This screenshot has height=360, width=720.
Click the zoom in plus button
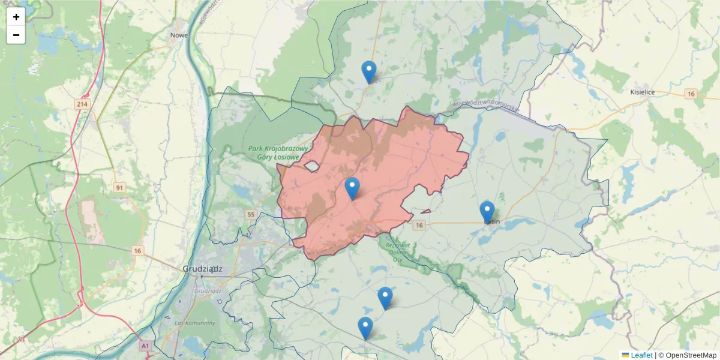[16, 17]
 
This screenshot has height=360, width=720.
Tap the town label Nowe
[179, 35]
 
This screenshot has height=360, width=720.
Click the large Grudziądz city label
[202, 269]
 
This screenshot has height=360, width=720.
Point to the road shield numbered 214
[83, 104]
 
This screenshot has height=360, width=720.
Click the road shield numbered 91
[120, 188]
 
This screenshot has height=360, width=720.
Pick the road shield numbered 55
[251, 214]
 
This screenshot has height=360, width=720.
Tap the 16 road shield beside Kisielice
[692, 94]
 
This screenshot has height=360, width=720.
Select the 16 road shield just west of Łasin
[419, 225]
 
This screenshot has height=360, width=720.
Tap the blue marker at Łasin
[487, 212]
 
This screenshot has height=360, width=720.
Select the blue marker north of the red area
[369, 72]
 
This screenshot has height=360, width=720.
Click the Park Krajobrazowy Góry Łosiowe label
[277, 152]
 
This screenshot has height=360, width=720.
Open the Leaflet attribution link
[641, 355]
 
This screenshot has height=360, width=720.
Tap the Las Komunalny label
[195, 323]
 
